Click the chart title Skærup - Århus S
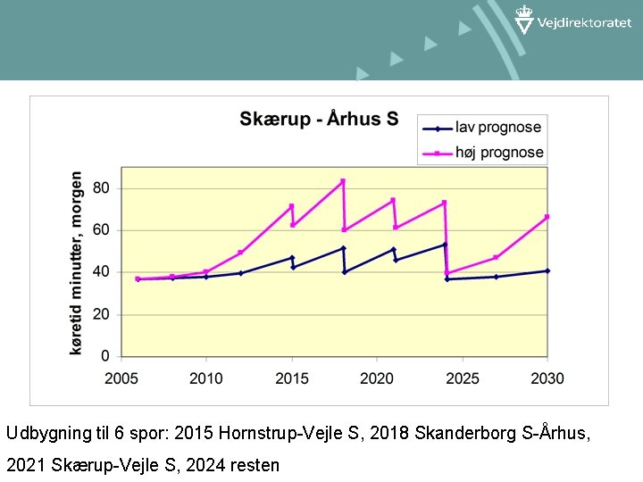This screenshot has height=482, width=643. (x=319, y=120)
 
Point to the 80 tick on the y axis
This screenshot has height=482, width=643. (x=102, y=188)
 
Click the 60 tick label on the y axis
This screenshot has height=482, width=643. (x=102, y=230)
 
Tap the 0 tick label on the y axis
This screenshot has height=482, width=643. (x=106, y=357)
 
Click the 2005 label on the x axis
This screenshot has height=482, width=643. (x=121, y=378)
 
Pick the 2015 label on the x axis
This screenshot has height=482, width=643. (x=292, y=378)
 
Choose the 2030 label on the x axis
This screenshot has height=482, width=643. (x=547, y=378)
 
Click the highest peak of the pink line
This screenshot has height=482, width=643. (x=342, y=181)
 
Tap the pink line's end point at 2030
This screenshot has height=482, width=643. (x=547, y=217)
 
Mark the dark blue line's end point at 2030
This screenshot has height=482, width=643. (x=547, y=270)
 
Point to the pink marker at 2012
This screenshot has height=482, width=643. (x=240, y=253)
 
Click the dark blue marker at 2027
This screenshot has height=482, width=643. (x=496, y=277)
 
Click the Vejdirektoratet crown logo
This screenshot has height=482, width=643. (x=524, y=19)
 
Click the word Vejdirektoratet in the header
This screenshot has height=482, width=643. (x=584, y=24)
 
